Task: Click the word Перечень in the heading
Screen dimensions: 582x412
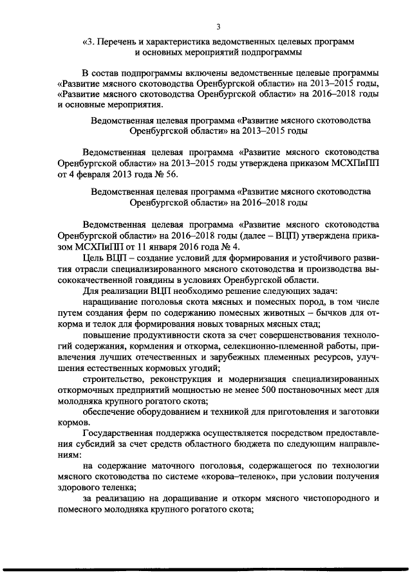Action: [120, 41]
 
